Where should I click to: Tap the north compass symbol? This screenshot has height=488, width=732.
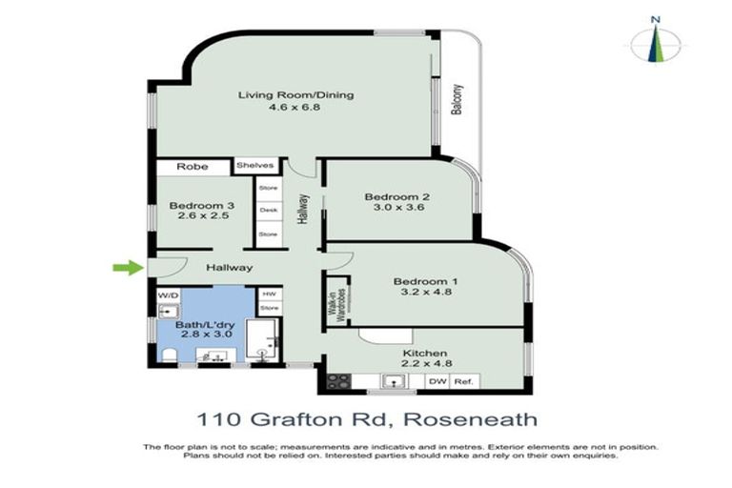[655, 43]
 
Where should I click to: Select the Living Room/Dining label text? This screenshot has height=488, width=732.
[282, 94]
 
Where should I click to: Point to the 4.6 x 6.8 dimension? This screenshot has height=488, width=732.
[282, 109]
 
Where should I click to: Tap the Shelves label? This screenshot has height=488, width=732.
[255, 166]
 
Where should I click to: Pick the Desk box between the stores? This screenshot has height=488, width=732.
[269, 210]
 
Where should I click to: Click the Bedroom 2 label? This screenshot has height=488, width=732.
[395, 197]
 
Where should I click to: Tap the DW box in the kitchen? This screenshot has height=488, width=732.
[437, 382]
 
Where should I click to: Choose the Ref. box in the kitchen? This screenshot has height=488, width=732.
[464, 382]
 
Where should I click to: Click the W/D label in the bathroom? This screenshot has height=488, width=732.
[168, 295]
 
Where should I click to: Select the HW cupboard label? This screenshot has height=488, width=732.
[269, 295]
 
